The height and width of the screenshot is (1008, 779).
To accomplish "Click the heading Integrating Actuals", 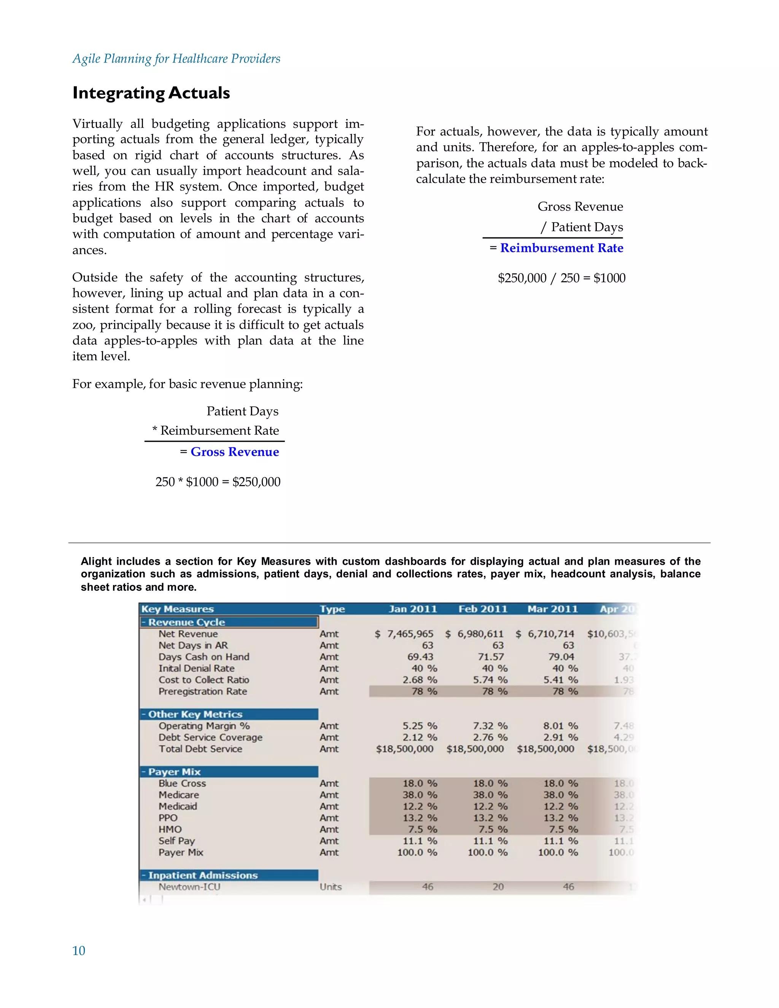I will click(151, 93).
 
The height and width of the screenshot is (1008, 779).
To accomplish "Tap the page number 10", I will click(78, 950).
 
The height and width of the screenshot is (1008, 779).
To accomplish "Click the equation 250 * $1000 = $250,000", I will click(218, 482).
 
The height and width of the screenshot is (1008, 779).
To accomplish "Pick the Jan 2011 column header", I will click(413, 609).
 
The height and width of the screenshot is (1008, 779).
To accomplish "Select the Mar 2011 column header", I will click(552, 609).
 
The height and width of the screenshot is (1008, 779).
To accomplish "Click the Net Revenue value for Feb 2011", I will click(474, 634).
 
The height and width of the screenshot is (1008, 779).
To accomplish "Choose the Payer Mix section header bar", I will click(229, 772).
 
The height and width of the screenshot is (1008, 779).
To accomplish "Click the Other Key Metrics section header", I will click(195, 714).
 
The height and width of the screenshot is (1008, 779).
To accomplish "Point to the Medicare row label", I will click(179, 795).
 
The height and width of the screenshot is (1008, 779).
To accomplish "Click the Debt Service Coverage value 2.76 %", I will click(490, 738).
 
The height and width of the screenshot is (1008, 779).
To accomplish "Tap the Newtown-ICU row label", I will click(189, 887).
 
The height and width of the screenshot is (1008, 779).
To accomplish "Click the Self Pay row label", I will click(177, 841).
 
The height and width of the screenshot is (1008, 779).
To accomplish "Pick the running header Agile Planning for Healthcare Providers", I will click(176, 59).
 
